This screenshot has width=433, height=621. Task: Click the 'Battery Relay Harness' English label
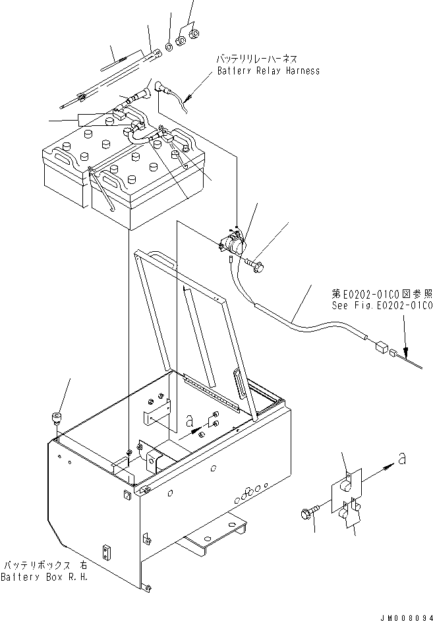(x=268, y=71)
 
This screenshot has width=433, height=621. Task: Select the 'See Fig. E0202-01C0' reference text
(x=382, y=306)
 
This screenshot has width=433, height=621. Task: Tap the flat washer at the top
(x=169, y=48)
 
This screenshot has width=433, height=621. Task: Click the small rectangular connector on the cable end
(x=380, y=346)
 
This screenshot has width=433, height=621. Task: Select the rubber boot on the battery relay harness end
(x=160, y=88)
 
